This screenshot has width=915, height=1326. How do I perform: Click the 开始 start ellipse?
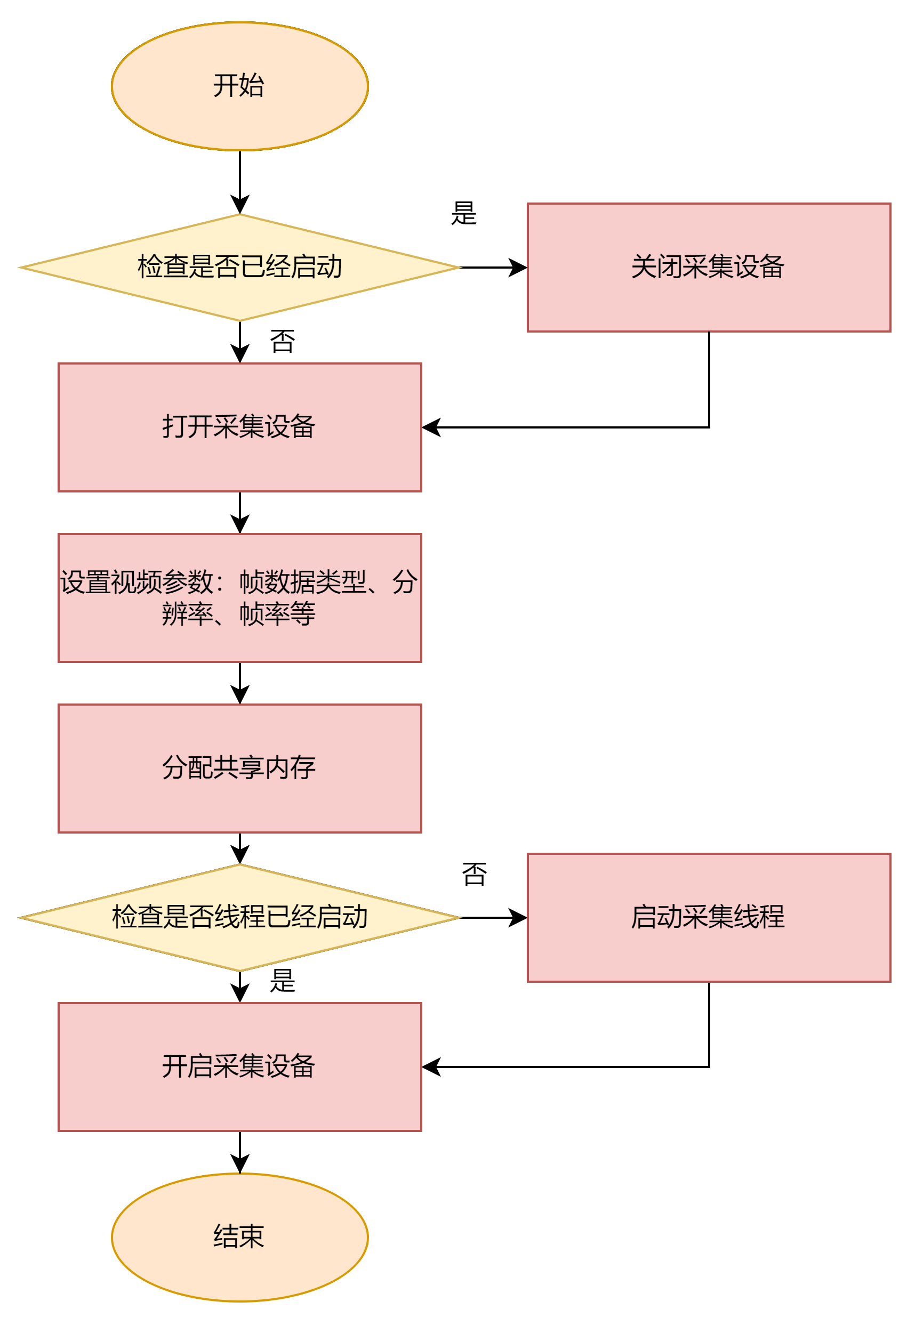coord(239,86)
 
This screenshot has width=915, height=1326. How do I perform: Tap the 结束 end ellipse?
coord(239,1236)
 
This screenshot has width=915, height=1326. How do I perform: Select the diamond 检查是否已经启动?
coord(239,267)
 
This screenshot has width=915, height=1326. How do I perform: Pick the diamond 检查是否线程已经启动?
coord(239,917)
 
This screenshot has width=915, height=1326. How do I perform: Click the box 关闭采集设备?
coord(709,267)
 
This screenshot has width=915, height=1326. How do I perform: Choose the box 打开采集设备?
coord(239,427)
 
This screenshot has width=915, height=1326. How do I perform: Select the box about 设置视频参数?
coord(239,597)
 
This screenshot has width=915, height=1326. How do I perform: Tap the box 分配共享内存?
coord(239,768)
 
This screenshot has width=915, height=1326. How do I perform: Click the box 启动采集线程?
coord(709,917)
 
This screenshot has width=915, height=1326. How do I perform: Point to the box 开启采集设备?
coord(239,1066)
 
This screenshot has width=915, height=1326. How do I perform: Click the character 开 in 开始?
coord(226,86)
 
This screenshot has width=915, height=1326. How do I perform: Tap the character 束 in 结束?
coord(252,1236)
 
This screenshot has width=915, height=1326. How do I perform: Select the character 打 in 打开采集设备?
coord(175,427)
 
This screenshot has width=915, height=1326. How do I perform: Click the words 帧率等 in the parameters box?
coord(277,614)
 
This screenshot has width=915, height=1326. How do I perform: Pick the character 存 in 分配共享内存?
coord(303,768)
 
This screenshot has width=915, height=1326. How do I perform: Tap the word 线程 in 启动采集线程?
coord(759,917)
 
